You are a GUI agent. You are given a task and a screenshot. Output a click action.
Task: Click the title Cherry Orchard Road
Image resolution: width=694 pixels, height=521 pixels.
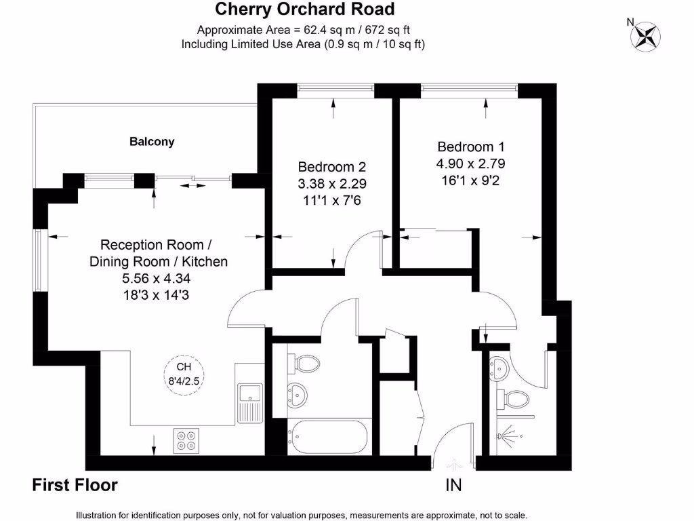(304, 9)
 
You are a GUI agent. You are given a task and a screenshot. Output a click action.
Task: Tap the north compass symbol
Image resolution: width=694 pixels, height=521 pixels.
(645, 35)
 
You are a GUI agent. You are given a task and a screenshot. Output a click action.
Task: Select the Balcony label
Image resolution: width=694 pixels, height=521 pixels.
(152, 142)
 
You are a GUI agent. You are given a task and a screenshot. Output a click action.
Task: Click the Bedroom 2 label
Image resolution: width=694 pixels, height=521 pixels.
(332, 167)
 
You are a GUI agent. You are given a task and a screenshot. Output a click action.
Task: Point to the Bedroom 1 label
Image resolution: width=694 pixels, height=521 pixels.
(471, 147)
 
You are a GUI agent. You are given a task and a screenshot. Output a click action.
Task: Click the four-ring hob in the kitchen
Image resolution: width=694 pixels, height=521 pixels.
(187, 440)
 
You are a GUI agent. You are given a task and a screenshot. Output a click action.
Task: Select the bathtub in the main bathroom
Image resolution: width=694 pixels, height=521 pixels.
(329, 438)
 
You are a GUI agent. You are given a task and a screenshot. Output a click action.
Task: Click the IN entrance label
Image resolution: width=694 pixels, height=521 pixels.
(453, 486)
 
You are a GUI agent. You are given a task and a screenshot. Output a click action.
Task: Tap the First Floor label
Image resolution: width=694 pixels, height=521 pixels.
(75, 485)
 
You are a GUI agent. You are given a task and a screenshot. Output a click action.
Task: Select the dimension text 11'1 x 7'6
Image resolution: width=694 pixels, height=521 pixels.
(332, 200)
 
